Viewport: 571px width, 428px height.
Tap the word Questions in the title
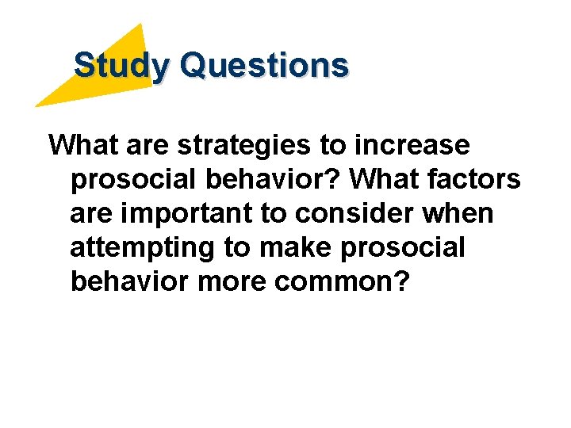pyautogui.click(x=263, y=65)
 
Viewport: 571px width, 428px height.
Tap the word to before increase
pyautogui.click(x=332, y=147)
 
